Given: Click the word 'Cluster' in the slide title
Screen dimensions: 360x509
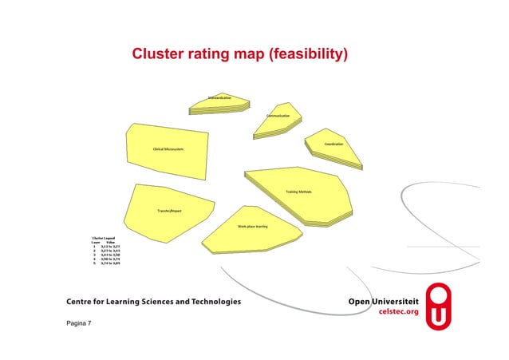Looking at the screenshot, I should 159,55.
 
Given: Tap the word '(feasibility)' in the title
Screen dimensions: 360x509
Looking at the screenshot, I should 309,55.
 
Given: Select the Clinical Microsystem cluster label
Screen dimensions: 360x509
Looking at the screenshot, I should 168,149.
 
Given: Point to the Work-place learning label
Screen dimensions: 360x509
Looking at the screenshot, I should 252,227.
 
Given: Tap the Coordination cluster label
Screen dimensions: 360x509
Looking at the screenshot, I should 333,144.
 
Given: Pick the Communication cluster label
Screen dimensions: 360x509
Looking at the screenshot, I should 283,116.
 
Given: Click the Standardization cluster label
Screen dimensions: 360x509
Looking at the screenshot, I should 219,97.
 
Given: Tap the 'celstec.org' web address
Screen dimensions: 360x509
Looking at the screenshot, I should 397,312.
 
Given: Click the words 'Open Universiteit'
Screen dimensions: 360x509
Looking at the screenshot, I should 383,302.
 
